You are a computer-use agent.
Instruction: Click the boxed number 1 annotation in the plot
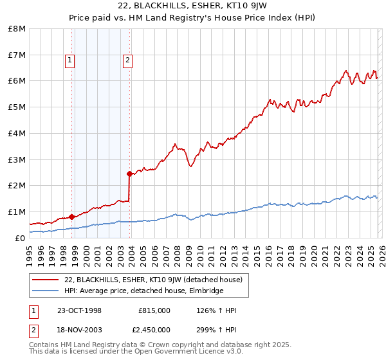click(69, 61)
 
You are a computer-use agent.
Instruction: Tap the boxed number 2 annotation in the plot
click(127, 61)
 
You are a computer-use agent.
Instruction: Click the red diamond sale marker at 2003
click(130, 173)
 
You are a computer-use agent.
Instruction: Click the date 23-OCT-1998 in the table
click(79, 310)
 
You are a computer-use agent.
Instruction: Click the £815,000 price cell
click(154, 310)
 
